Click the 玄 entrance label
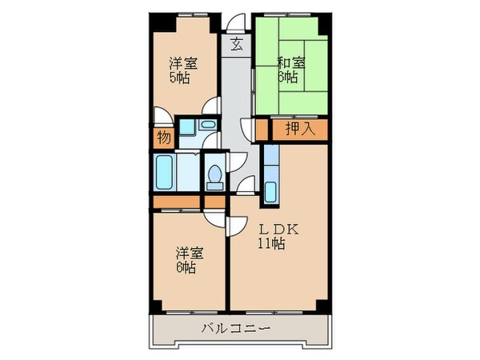pyautogui.click(x=238, y=44)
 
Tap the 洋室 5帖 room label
pyautogui.click(x=183, y=71)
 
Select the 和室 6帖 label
pyautogui.click(x=289, y=71)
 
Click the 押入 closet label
pyautogui.click(x=300, y=129)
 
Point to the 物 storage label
pyautogui.click(x=163, y=138)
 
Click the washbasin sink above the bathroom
pyautogui.click(x=206, y=126)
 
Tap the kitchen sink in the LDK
pyautogui.click(x=270, y=192)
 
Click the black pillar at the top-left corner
pyautogui.click(x=155, y=20)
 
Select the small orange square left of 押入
pyautogui.click(x=262, y=129)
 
